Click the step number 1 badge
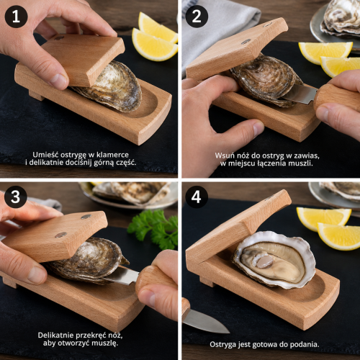(16, 17)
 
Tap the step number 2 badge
(197, 17)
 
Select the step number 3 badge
(16, 197)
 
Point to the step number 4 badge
(196, 197)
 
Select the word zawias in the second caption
(307, 156)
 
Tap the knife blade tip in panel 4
(229, 333)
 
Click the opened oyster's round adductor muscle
(264, 261)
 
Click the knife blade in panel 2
(300, 94)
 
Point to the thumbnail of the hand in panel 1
(58, 81)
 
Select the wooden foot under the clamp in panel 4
(207, 282)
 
